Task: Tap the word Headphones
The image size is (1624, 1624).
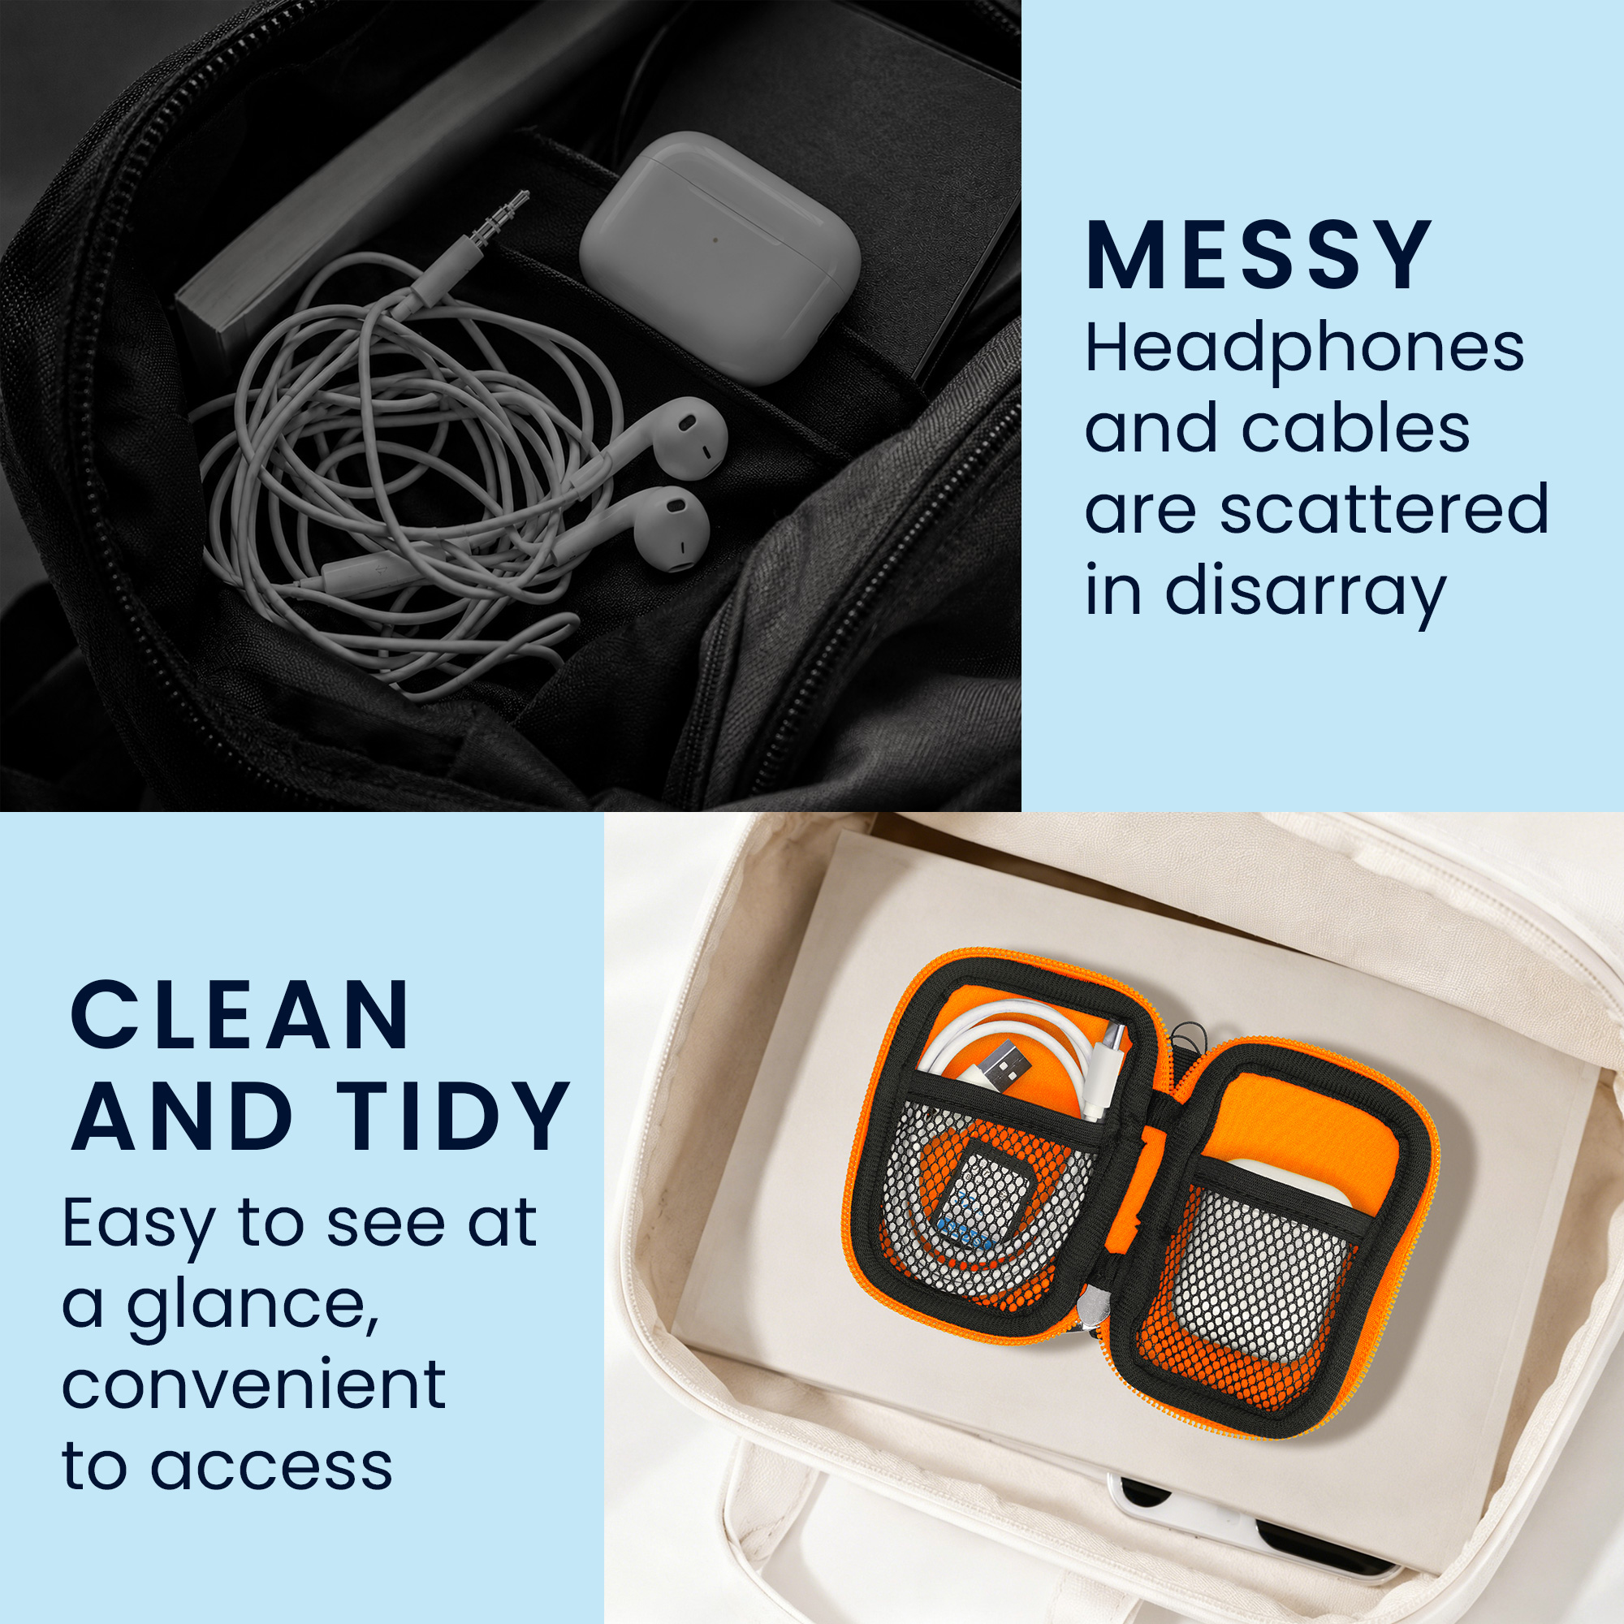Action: coord(1305,348)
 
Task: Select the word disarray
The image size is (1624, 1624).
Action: coord(1305,592)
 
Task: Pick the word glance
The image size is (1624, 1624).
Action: coord(253,1307)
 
